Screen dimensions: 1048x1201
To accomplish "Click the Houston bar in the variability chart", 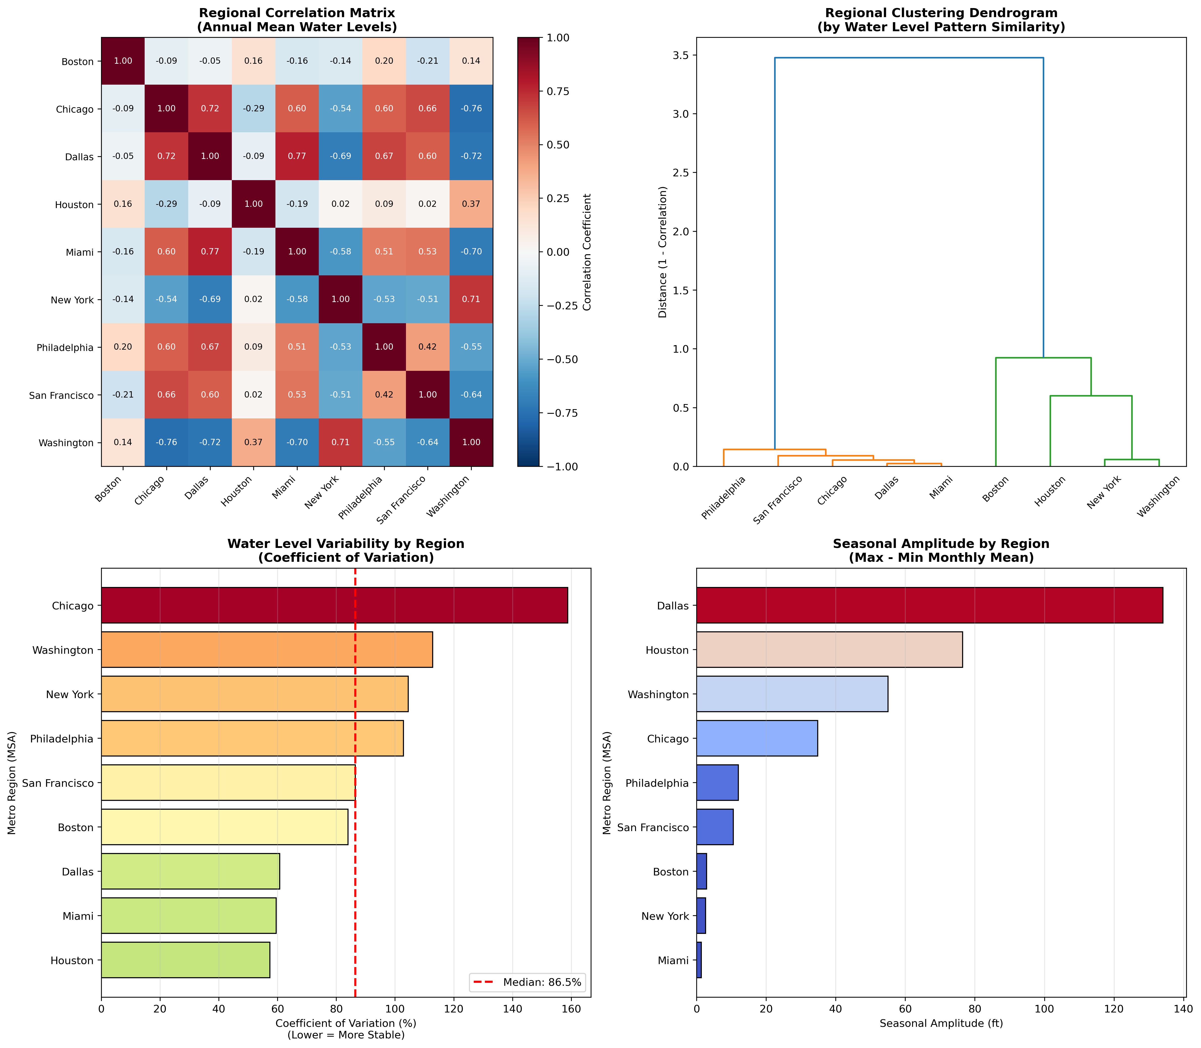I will pos(185,960).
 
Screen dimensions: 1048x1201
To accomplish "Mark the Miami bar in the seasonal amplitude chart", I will pos(699,960).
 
